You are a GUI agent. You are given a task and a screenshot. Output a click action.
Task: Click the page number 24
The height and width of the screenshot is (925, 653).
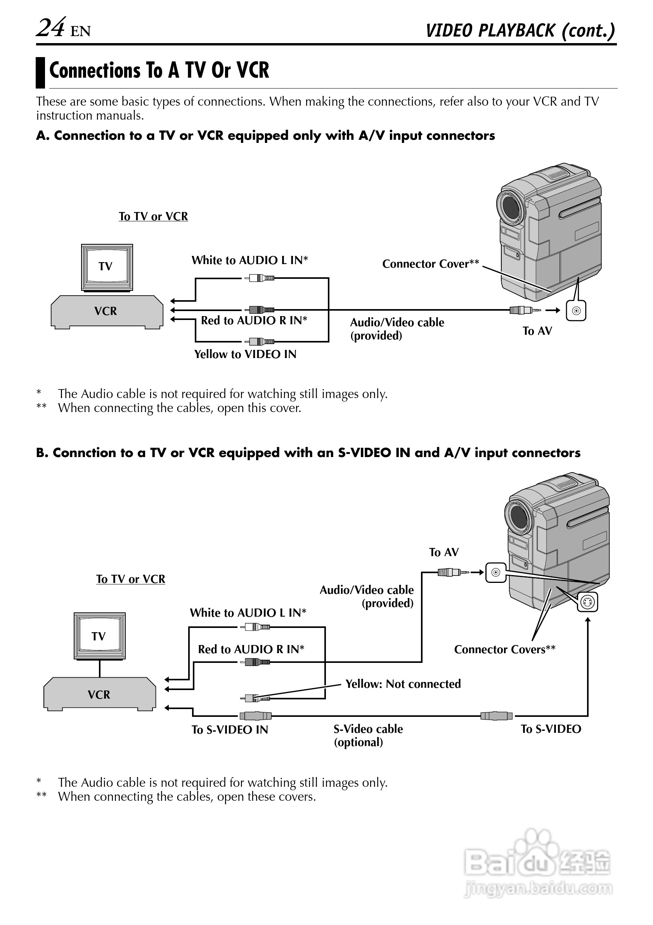(x=51, y=28)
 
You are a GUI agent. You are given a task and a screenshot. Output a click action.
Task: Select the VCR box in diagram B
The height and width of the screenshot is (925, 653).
(x=99, y=694)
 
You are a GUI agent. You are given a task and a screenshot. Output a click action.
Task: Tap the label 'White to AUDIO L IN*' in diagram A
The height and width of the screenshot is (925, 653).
(x=249, y=260)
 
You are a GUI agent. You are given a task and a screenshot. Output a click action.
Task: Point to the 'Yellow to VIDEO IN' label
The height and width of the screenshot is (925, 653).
(x=245, y=354)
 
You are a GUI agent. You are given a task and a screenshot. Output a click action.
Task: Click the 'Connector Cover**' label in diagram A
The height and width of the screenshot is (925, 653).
(x=430, y=264)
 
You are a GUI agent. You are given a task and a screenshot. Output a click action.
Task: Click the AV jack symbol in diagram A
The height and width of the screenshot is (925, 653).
(x=576, y=311)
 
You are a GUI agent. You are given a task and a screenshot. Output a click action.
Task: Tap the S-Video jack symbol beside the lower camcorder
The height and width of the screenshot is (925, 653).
(x=587, y=603)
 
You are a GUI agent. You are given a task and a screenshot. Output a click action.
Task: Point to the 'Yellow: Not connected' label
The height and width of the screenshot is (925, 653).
(x=403, y=684)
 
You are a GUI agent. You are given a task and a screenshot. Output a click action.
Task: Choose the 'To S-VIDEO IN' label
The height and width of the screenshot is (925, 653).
(x=229, y=730)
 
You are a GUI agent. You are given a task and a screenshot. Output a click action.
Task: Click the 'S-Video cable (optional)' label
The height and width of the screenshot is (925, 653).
(x=368, y=735)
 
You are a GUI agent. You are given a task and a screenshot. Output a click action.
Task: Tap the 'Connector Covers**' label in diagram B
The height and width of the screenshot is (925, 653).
(x=504, y=649)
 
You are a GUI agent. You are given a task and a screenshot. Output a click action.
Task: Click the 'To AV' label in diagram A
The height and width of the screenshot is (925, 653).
(x=537, y=331)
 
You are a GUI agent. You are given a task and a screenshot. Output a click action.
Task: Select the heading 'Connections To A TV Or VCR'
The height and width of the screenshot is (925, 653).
(x=159, y=71)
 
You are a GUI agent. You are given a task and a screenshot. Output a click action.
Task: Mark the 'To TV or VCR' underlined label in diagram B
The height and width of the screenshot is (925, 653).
(x=130, y=579)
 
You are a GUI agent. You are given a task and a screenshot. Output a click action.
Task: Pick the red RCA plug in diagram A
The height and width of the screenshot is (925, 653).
(x=261, y=310)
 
